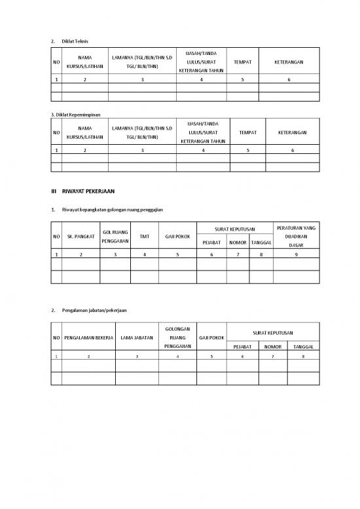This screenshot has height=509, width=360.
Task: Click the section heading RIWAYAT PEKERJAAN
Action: pos(88,191)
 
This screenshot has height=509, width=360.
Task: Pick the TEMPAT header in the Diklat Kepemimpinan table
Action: pos(247,132)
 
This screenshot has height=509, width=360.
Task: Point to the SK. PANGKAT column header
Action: pos(81,236)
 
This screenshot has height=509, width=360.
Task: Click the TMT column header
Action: pos(144,236)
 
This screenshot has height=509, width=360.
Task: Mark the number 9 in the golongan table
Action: pos(296,254)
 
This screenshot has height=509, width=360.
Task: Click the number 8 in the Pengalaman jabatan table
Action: pos(303,356)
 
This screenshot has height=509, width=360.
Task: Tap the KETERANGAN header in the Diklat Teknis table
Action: pos(289,62)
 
